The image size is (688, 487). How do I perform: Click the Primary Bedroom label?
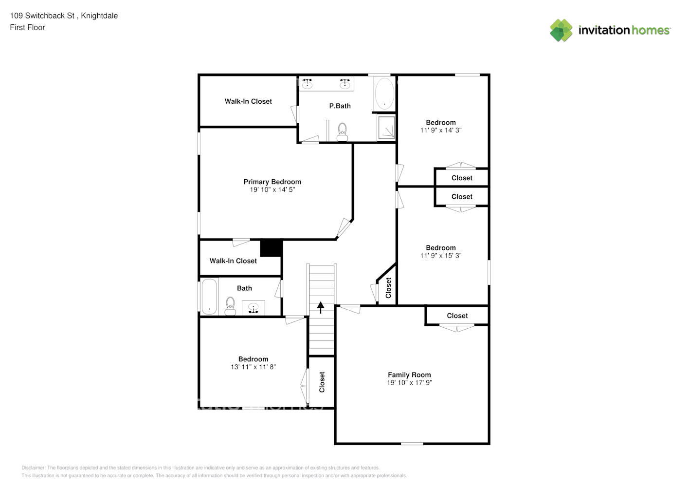pyautogui.click(x=272, y=182)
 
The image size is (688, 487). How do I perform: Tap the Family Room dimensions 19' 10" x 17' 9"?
pyautogui.click(x=409, y=382)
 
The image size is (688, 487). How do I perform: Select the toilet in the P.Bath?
pyautogui.click(x=342, y=132)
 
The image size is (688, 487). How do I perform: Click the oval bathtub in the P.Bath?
pyautogui.click(x=384, y=94)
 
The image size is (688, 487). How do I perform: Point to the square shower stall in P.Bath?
pyautogui.click(x=386, y=127)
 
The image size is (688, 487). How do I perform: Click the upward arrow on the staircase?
pyautogui.click(x=321, y=307)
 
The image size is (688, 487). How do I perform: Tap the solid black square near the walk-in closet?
pyautogui.click(x=271, y=248)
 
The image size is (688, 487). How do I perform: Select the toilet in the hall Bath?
pyautogui.click(x=230, y=306)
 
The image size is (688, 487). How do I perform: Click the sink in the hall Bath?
pyautogui.click(x=253, y=308)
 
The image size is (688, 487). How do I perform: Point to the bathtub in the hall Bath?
pyautogui.click(x=209, y=297)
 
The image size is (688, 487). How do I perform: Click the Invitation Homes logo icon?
pyautogui.click(x=561, y=30)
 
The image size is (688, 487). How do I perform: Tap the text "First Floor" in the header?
pyautogui.click(x=27, y=27)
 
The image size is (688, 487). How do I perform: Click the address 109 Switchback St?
pyautogui.click(x=42, y=16)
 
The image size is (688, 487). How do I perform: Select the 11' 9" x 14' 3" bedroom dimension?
pyautogui.click(x=441, y=131)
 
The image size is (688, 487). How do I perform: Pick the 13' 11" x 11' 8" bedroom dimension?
pyautogui.click(x=253, y=367)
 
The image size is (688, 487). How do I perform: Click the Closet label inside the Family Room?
pyautogui.click(x=457, y=316)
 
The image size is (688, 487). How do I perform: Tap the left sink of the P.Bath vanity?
pyautogui.click(x=307, y=83)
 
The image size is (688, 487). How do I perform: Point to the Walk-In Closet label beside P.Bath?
pyautogui.click(x=248, y=101)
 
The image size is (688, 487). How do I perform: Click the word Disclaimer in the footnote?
pyautogui.click(x=34, y=468)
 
